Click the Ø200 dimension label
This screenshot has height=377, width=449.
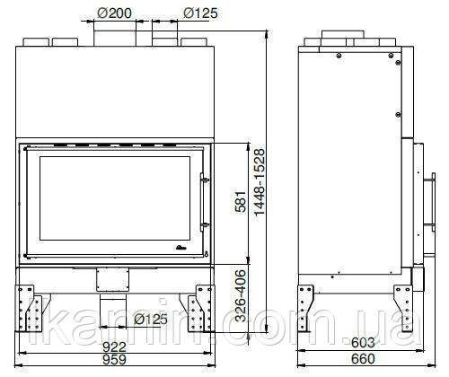pos(115,13)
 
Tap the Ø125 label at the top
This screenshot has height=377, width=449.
pos(200,13)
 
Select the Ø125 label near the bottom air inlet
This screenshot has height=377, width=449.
pos(151,320)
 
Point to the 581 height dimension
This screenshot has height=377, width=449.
pos(241,201)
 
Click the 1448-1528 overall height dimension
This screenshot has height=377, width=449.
pos(260,182)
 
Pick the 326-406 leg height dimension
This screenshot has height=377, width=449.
pos(241,296)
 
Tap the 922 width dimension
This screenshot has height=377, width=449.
pos(114,347)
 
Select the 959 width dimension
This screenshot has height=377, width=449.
pos(114,359)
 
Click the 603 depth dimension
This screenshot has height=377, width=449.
pos(363,343)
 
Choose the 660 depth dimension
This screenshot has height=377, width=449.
pos(363,359)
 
